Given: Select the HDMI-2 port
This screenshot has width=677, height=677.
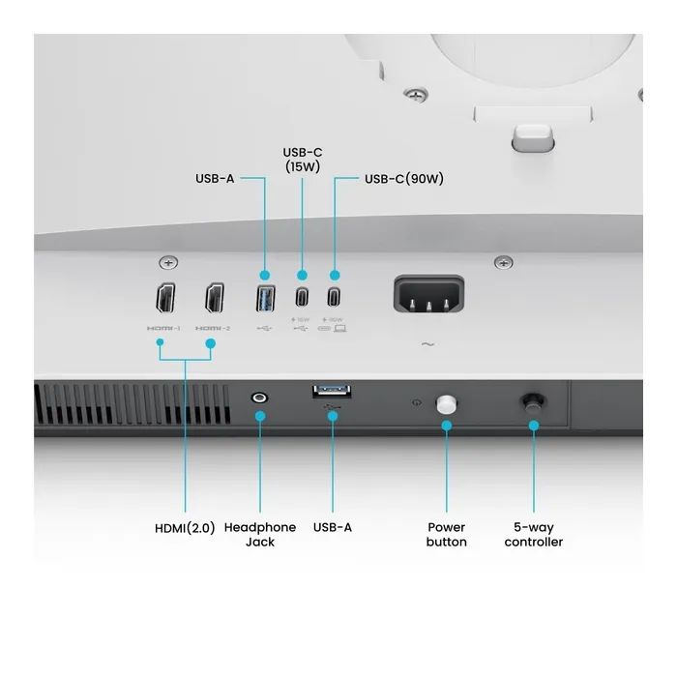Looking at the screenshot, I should click(214, 297).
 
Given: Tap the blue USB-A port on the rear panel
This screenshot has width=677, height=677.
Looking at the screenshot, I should click(264, 297).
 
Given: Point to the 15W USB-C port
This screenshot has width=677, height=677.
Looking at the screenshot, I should click(302, 296).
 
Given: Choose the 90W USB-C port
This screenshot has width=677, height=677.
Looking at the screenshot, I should click(335, 296).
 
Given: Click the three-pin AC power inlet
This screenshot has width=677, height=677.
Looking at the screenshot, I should click(427, 293).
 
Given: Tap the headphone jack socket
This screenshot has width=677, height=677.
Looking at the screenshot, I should click(259, 397).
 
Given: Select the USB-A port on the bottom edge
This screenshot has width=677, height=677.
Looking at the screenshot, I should click(332, 391).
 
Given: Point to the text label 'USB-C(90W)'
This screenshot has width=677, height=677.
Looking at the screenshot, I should click(403, 179).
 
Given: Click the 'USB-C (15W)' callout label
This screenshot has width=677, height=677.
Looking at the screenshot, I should click(302, 160).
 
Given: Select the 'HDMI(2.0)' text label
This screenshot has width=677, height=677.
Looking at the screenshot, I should click(185, 528).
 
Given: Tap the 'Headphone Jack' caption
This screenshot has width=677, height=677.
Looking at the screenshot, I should click(260, 535).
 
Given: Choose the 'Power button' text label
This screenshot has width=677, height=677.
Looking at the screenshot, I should click(446, 535).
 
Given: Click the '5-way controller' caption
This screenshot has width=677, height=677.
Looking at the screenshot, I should click(533, 535).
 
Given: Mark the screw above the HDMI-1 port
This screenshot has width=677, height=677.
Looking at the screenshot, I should click(169, 263).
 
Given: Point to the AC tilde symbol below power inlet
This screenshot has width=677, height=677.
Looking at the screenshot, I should click(427, 343).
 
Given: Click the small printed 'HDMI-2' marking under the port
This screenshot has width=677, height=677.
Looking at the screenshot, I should click(214, 328).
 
